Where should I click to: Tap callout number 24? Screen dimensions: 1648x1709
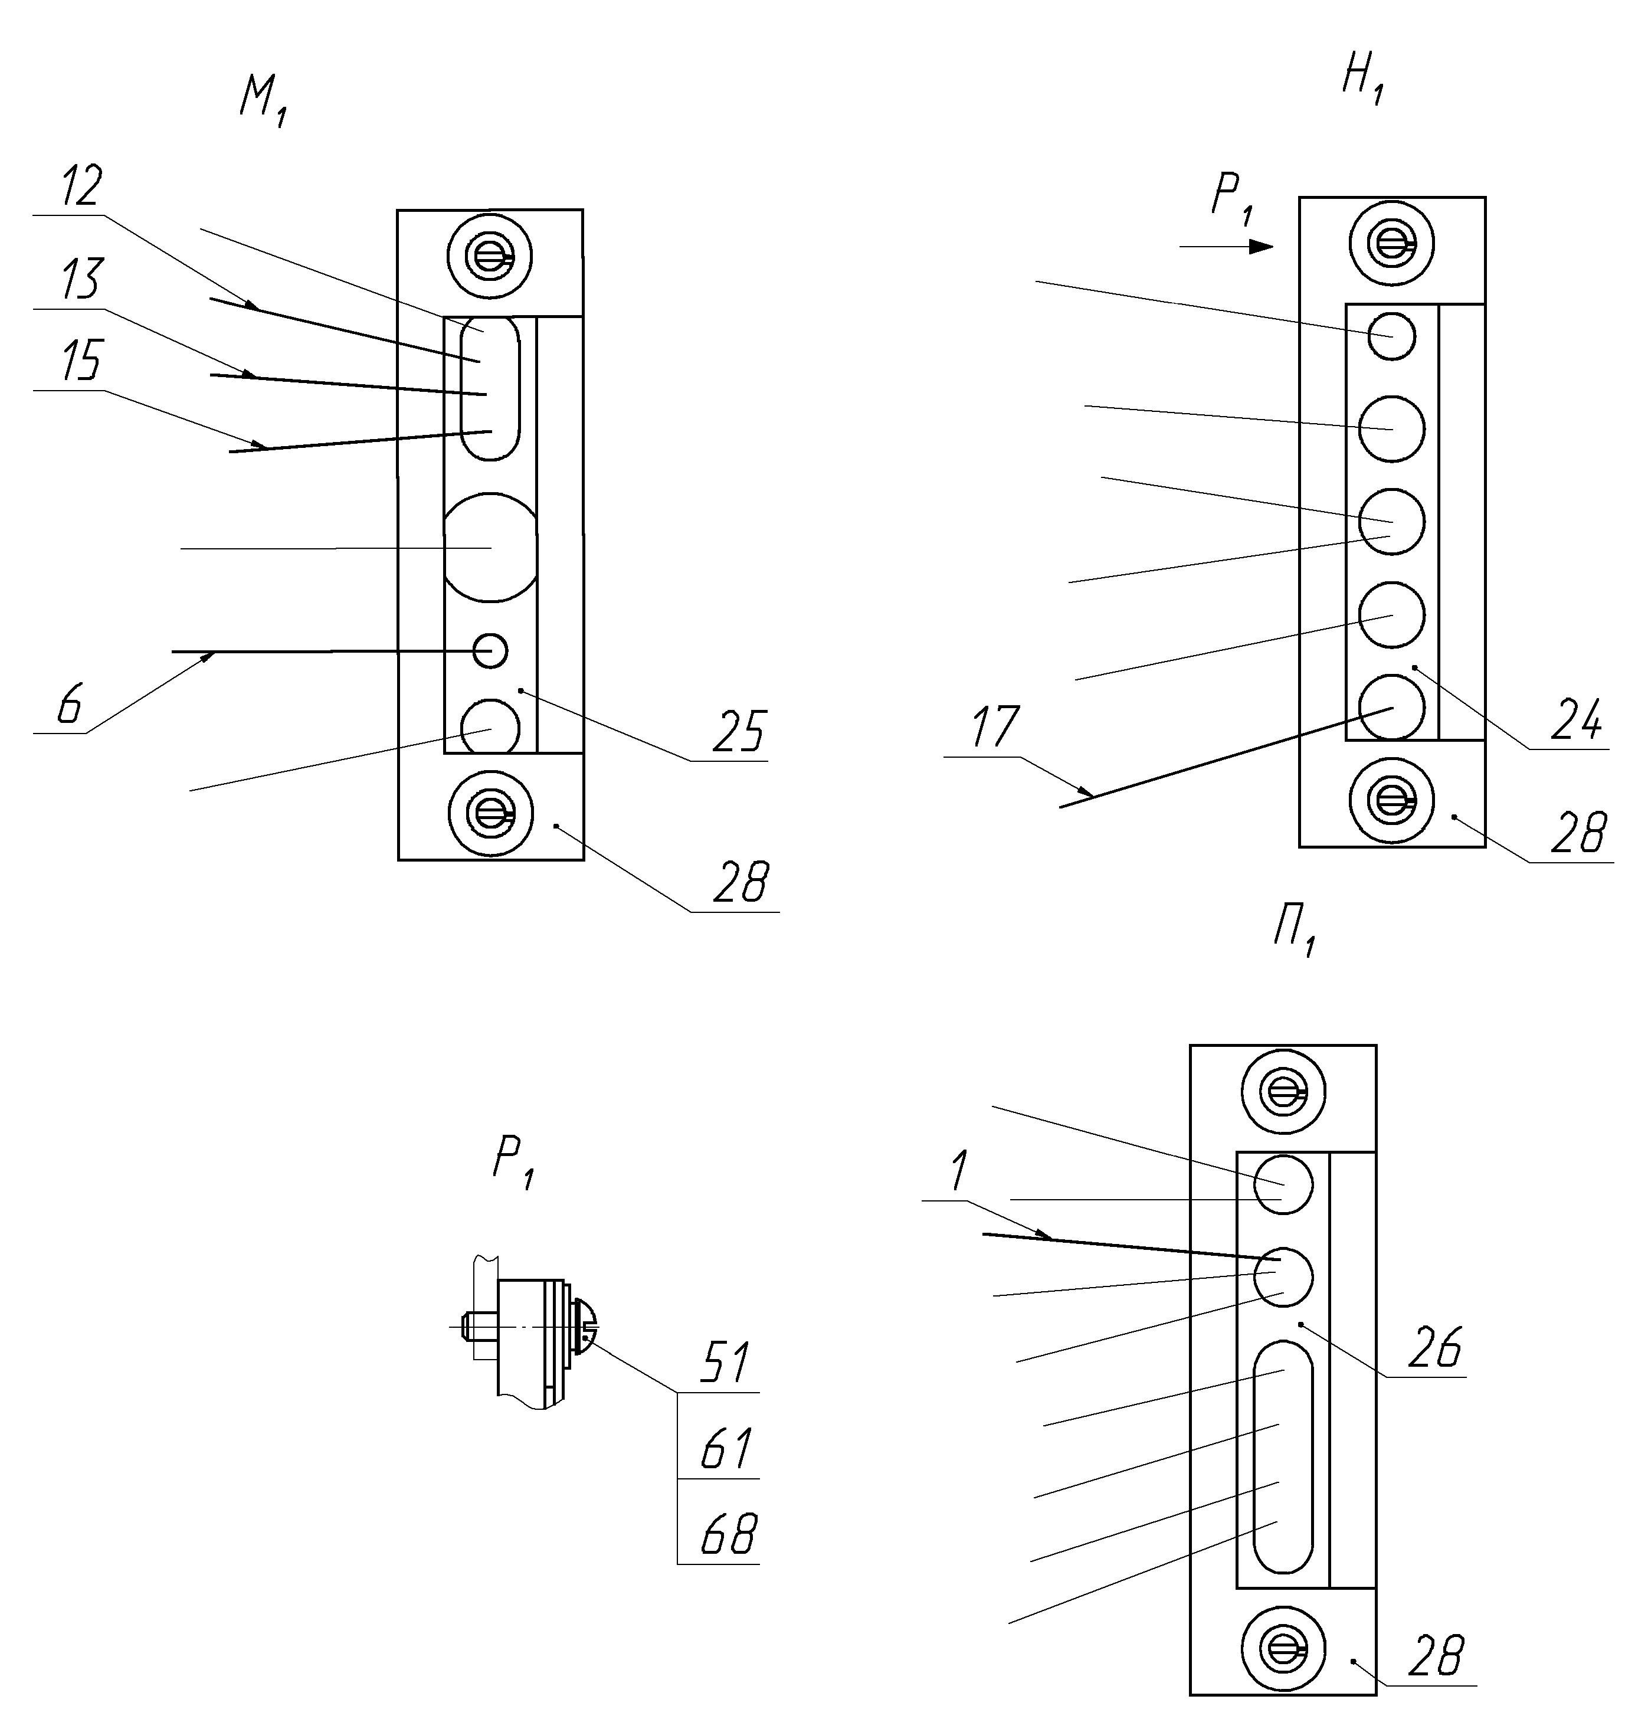[x=1577, y=719]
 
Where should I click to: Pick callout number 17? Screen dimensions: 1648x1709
[x=993, y=727]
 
